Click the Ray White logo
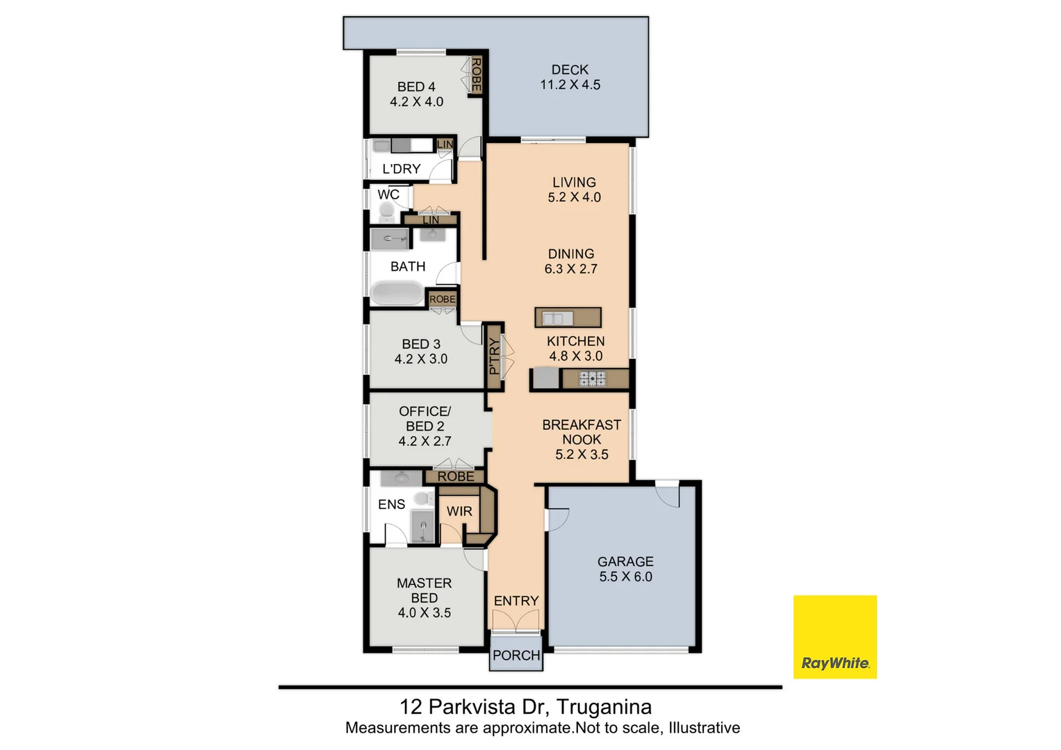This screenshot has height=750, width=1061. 834,637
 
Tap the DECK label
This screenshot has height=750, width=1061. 570,69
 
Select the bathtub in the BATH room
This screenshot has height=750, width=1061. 396,293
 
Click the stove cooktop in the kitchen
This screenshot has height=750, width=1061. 593,379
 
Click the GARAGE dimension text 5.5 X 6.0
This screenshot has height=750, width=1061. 625,576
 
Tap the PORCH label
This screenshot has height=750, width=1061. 516,655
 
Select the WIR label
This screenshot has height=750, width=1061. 459,511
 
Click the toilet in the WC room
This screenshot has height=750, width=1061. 386,211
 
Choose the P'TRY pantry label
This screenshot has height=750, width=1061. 494,356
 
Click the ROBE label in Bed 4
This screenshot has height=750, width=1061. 476,75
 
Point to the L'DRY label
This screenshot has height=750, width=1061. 402,169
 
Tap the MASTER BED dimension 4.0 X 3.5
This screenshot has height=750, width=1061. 424,612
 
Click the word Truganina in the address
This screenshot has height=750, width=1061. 604,707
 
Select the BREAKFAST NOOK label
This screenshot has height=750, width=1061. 582,432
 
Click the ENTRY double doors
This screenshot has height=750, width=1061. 516,621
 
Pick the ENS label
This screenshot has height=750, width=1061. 391,504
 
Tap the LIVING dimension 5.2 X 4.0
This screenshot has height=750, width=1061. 574,197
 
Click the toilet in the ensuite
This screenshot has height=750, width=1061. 422,499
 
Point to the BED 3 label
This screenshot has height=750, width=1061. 421,344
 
